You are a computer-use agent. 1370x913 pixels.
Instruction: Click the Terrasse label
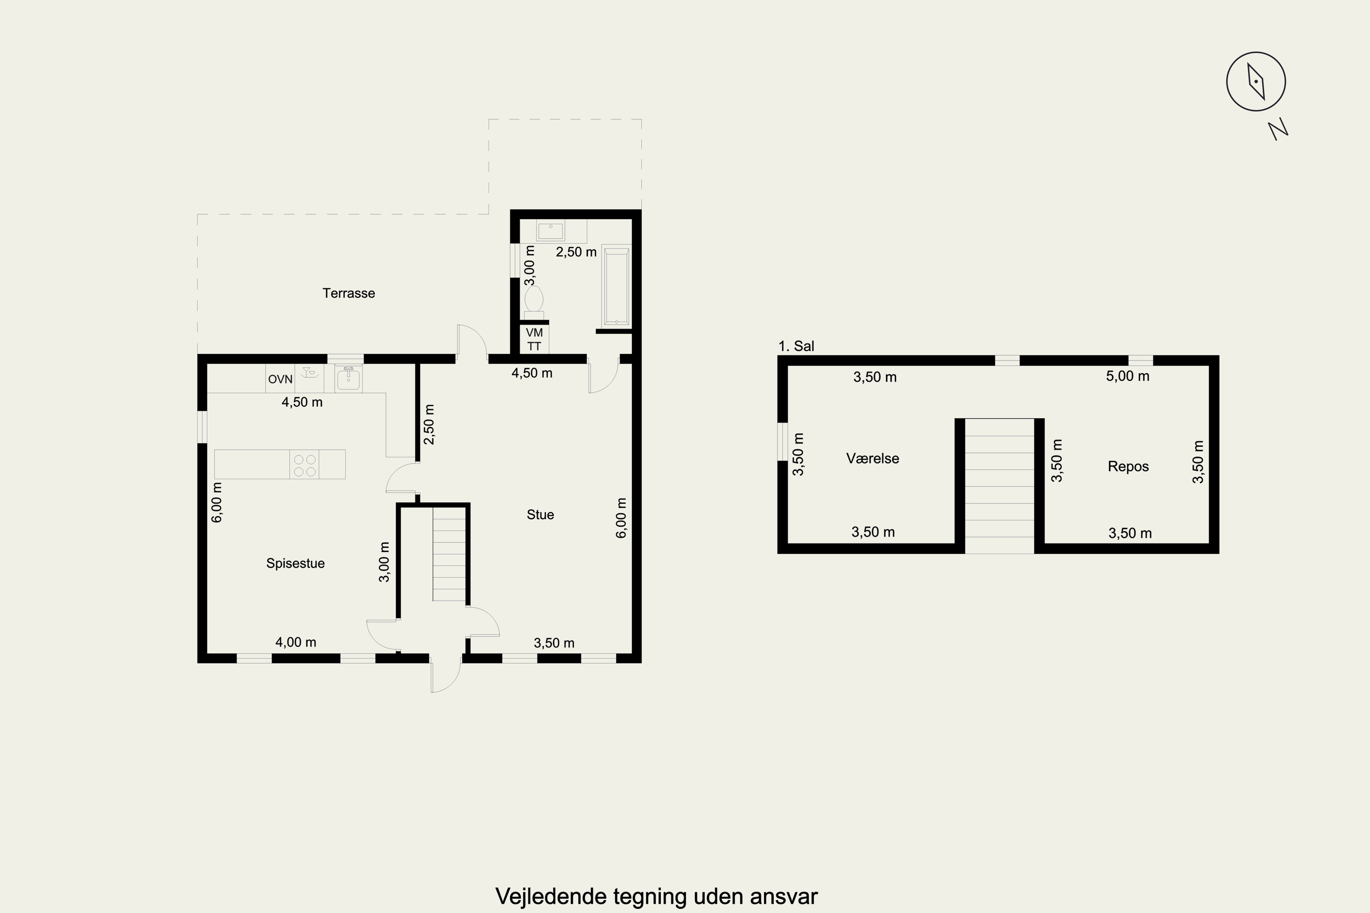coord(348,293)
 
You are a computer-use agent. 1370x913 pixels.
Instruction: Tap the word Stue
coord(540,514)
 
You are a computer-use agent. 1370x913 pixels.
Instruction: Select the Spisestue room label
coord(295,563)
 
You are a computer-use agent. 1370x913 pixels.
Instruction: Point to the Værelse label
coord(873,458)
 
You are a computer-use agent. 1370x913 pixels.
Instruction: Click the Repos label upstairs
coord(1128,467)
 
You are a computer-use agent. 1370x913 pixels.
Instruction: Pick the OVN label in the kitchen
coord(280,379)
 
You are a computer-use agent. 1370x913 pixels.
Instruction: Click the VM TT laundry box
coord(534,339)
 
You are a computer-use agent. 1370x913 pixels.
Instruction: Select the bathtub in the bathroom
coord(616,285)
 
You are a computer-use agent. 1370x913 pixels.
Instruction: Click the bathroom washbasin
coord(550,231)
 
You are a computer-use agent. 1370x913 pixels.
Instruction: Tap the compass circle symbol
coord(1256,82)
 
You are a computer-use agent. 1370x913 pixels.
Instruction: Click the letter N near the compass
coord(1278,129)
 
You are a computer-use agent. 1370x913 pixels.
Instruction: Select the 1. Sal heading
coord(796,346)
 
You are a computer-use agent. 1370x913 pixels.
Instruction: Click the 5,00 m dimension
coord(1128,376)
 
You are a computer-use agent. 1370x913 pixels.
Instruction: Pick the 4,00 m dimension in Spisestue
coord(296,642)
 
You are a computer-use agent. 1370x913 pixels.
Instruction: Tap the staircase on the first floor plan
coord(1000,486)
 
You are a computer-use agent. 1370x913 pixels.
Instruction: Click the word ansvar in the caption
coord(784,896)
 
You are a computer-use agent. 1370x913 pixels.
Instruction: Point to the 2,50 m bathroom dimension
coord(576,252)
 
